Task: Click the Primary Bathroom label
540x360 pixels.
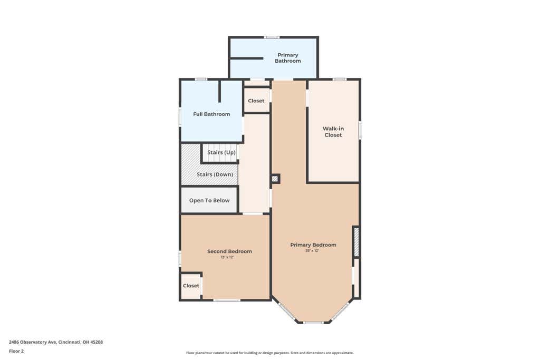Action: coord(287,58)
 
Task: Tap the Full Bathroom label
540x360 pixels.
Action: coord(211,114)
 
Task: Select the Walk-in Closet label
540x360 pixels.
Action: coord(333,132)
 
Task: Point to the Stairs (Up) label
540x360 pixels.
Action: coord(221,152)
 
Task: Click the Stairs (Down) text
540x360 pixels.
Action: coord(215,174)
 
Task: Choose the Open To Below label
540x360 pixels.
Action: coord(209,201)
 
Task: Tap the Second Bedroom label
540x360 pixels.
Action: coord(229,251)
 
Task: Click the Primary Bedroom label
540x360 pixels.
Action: coord(313,245)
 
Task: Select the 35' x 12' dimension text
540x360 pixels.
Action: coord(312,251)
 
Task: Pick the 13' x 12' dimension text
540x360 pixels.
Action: coord(227,257)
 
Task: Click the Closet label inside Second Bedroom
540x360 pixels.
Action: coord(191,286)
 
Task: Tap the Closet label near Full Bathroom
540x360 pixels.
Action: coord(256,101)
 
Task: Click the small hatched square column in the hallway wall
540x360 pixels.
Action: coord(275,179)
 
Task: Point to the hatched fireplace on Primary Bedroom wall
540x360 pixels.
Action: coord(356,241)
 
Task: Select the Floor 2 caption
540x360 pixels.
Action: coord(16,352)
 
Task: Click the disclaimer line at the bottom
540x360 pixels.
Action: coord(269,353)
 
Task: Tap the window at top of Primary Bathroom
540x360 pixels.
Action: coord(272,37)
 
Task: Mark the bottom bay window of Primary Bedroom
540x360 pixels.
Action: coord(313,323)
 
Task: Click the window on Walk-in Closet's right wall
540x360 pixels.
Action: coord(360,130)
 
